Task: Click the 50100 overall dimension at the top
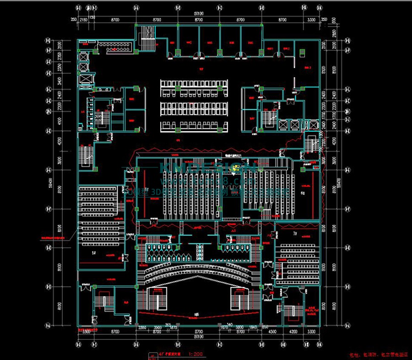pyautogui.click(x=198, y=14)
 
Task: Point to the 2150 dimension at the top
pyautogui.click(x=84, y=20)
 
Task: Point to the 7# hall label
pyautogui.click(x=295, y=234)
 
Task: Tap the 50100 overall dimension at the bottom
pyautogui.click(x=198, y=337)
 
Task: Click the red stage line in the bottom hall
pyautogui.click(x=198, y=317)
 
